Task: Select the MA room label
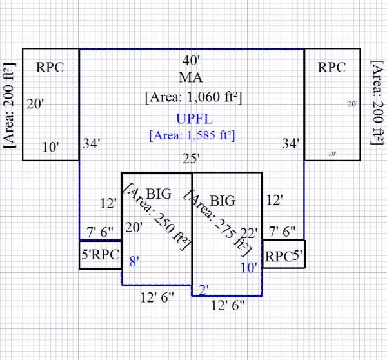(191, 78)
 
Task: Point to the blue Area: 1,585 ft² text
(192, 135)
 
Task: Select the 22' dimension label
(248, 233)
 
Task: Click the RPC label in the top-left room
(50, 68)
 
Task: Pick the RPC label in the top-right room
(332, 68)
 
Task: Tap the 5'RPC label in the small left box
(99, 254)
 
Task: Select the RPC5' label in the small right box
(283, 255)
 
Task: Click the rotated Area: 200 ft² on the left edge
(8, 105)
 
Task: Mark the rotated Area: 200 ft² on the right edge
(378, 105)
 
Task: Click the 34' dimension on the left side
(90, 143)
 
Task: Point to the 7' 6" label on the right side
(281, 231)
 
